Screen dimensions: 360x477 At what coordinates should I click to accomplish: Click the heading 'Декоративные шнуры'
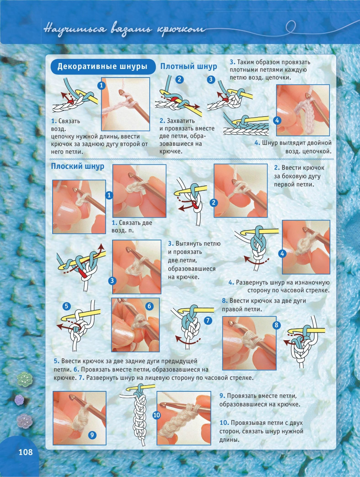click(x=102, y=66)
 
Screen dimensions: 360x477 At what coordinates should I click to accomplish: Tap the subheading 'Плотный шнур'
click(x=189, y=66)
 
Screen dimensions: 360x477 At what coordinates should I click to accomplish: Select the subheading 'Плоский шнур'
click(x=78, y=166)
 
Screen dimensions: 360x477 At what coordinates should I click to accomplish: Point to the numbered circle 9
click(x=92, y=435)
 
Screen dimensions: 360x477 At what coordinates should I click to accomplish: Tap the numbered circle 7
click(x=208, y=320)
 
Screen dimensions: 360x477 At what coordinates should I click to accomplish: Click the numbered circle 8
click(x=277, y=325)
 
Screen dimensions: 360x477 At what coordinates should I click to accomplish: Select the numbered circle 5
click(x=66, y=306)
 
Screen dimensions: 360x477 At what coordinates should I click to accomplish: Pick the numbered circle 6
click(x=149, y=306)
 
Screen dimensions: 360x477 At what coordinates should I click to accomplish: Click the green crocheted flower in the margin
click(x=25, y=379)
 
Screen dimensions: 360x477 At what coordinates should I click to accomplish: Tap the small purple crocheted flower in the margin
click(x=19, y=399)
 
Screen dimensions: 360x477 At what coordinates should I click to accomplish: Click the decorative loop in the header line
click(x=291, y=27)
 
